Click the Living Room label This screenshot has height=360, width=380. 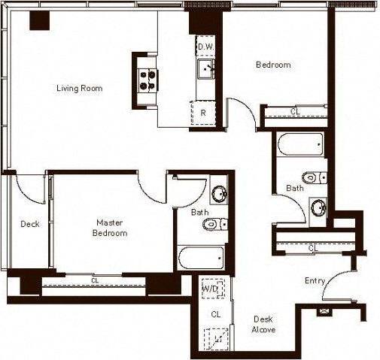[79, 89]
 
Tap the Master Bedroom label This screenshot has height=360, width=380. [109, 228]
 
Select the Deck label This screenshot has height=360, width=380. [29, 224]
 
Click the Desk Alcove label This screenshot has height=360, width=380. [263, 324]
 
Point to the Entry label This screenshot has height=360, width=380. [315, 281]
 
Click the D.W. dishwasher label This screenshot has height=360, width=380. [205, 46]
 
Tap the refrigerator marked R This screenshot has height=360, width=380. [203, 113]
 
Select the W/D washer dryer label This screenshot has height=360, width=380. [210, 289]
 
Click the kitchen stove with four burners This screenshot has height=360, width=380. [147, 75]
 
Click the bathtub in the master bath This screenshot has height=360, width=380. [199, 259]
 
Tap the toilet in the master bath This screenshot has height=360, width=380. [213, 223]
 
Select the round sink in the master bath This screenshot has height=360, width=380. [219, 193]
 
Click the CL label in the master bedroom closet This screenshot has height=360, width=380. [95, 281]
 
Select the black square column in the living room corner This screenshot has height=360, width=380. [39, 20]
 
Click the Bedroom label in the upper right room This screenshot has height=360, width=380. [273, 65]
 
